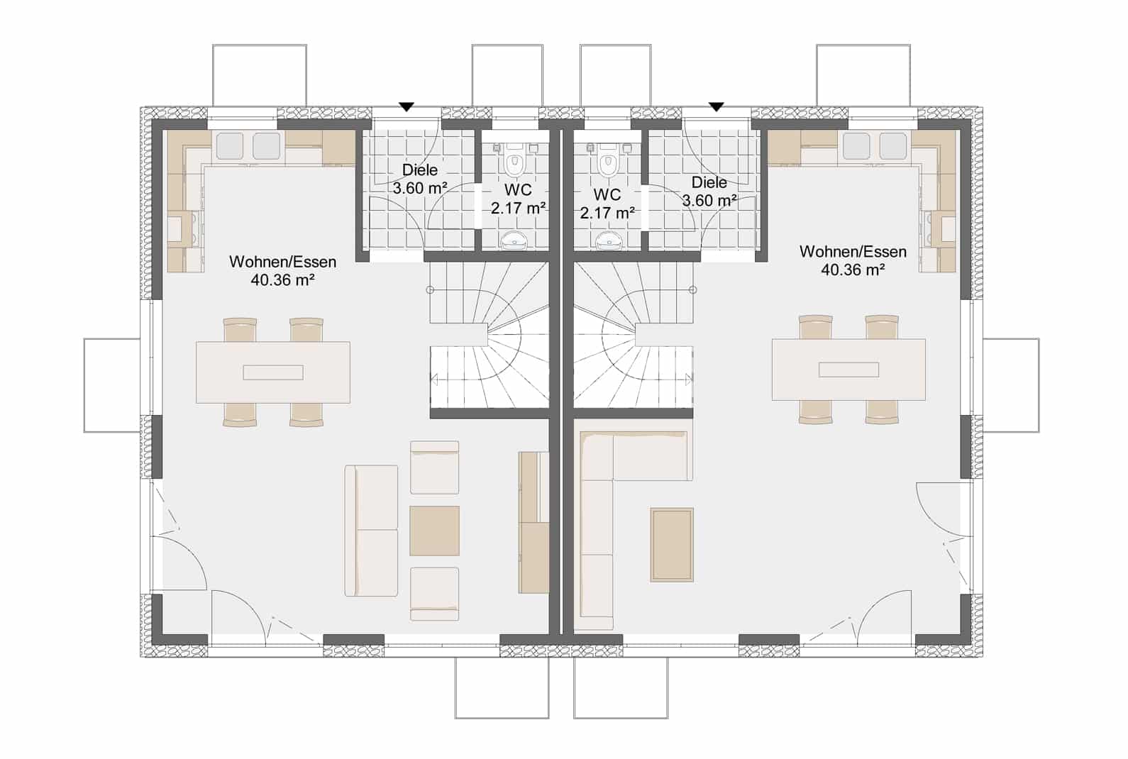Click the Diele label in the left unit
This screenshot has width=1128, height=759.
pyautogui.click(x=419, y=170)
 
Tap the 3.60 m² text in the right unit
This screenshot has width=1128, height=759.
pyautogui.click(x=709, y=201)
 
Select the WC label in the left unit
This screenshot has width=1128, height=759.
pyautogui.click(x=518, y=190)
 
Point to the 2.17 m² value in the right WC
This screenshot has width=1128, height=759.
pyautogui.click(x=607, y=213)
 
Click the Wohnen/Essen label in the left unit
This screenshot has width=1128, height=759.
pyautogui.click(x=282, y=262)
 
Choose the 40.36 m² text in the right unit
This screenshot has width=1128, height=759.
pyautogui.click(x=853, y=270)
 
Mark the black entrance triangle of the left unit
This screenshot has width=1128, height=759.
pyautogui.click(x=407, y=107)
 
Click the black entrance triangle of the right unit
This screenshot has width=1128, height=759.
pyautogui.click(x=716, y=107)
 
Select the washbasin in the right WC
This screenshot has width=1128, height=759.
pyautogui.click(x=608, y=240)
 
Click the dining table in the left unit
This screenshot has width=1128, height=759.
pyautogui.click(x=273, y=372)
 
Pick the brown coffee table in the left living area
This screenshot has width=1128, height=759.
pyautogui.click(x=434, y=531)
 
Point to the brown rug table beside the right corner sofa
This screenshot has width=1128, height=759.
pyautogui.click(x=672, y=545)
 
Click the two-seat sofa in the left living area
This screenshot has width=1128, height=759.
pyautogui.click(x=371, y=531)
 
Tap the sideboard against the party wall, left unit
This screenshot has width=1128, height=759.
pyautogui.click(x=533, y=522)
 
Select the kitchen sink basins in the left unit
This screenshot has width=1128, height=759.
pyautogui.click(x=248, y=146)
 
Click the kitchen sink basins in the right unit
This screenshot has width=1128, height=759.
pyautogui.click(x=875, y=146)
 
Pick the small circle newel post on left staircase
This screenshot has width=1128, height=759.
pyautogui.click(x=429, y=289)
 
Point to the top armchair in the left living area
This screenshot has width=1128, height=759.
pyautogui.click(x=434, y=467)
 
